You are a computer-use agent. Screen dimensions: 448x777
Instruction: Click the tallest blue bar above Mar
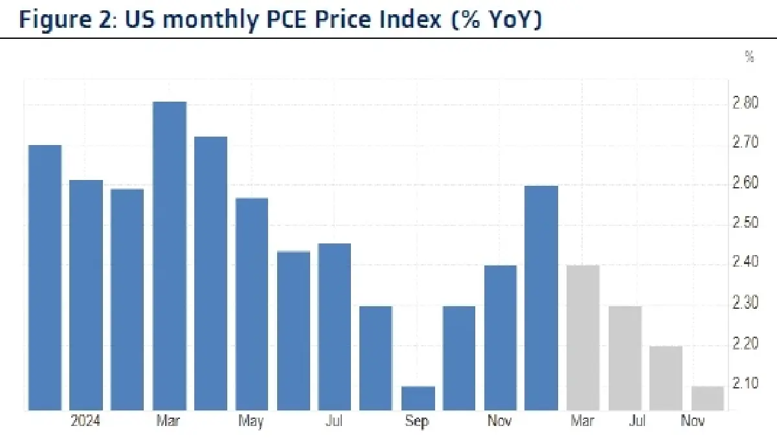[170, 256]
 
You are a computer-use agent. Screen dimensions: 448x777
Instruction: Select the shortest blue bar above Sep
[418, 398]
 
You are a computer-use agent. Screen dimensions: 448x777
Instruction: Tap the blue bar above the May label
[252, 304]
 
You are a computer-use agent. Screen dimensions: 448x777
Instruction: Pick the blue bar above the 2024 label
[86, 295]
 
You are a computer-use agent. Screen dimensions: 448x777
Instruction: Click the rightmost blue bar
[541, 298]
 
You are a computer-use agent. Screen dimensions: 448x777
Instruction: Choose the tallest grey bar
[583, 337]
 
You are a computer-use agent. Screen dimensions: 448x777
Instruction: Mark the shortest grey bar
[707, 398]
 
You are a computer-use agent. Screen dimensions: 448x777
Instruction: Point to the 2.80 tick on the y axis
[746, 104]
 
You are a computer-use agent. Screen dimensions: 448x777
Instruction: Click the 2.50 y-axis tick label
[746, 224]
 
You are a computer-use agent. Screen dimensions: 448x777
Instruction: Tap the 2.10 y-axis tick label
[746, 384]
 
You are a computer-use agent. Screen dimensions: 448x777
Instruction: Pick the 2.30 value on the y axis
[746, 304]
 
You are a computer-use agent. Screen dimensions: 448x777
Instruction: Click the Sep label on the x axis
[417, 422]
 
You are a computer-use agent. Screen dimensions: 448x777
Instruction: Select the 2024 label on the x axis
[85, 422]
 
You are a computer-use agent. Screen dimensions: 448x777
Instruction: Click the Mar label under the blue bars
[168, 422]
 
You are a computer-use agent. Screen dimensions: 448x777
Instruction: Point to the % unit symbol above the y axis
[749, 58]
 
